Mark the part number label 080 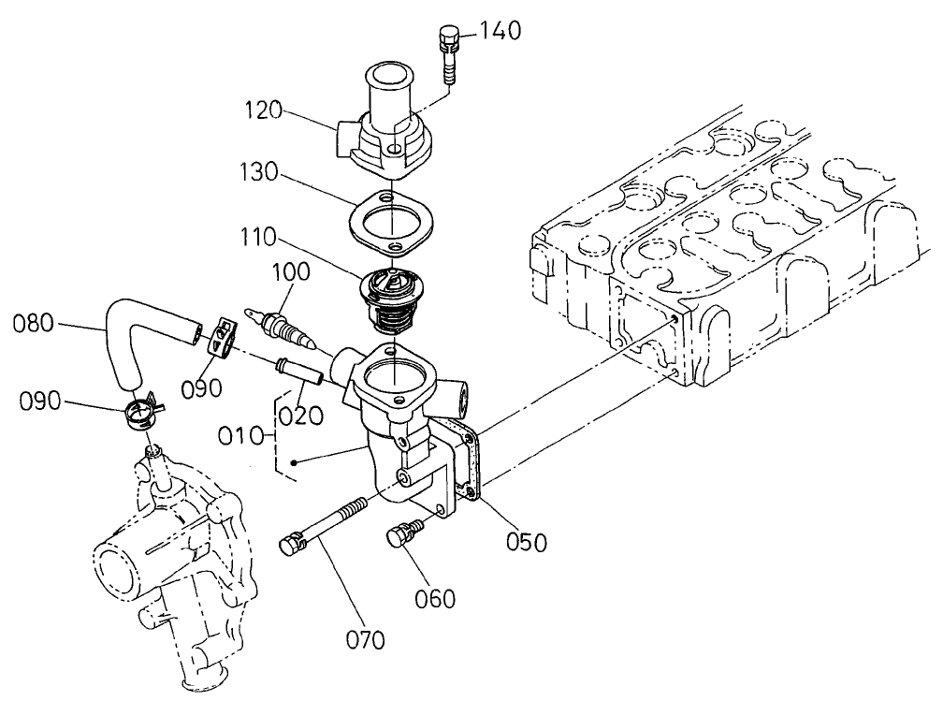tap(34, 325)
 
